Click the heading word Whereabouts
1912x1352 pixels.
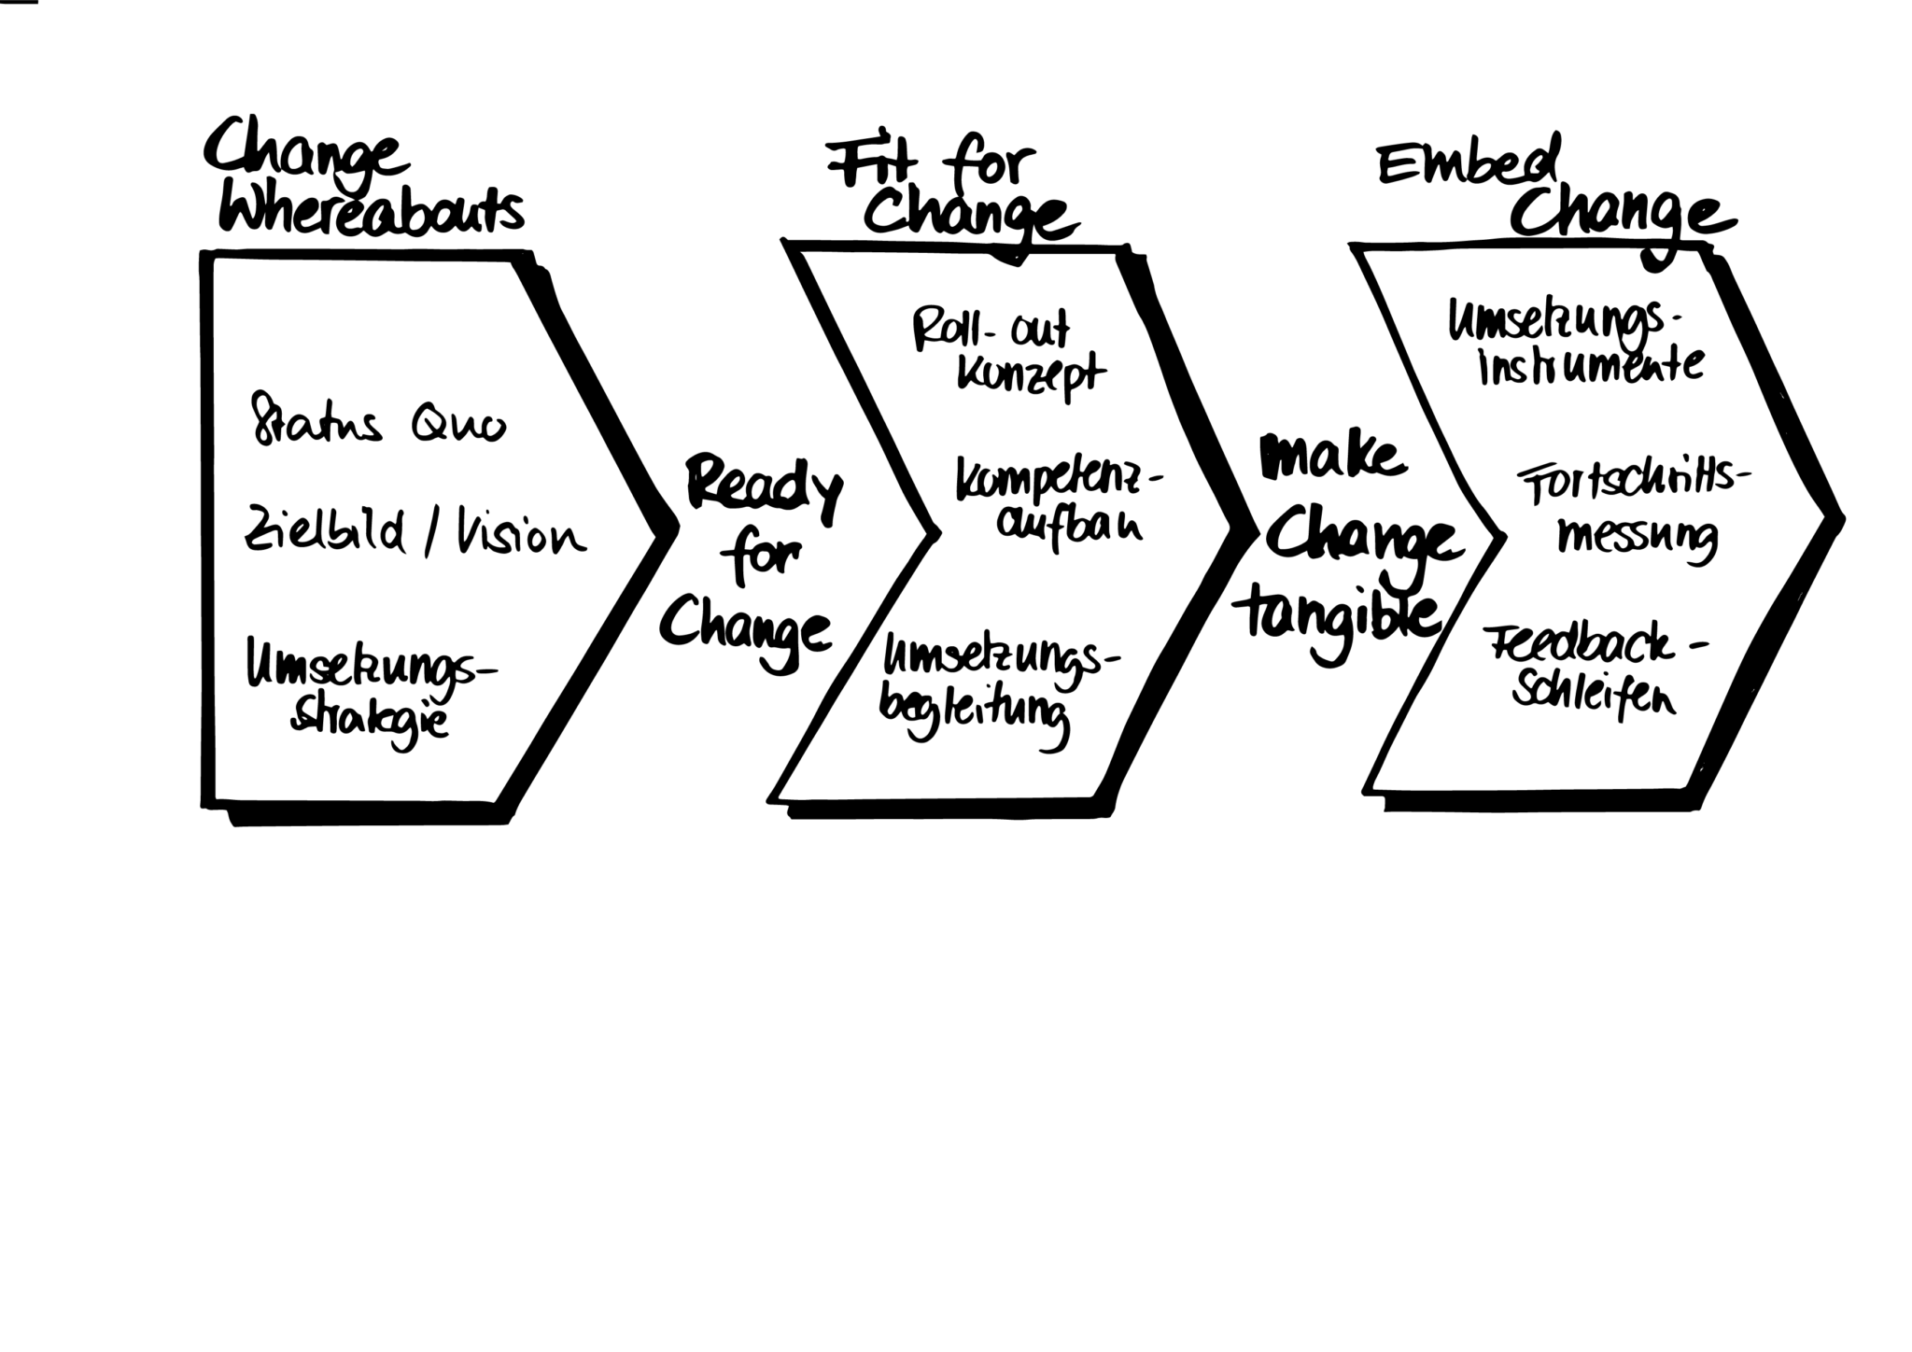(371, 212)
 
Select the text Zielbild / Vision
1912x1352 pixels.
(415, 536)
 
